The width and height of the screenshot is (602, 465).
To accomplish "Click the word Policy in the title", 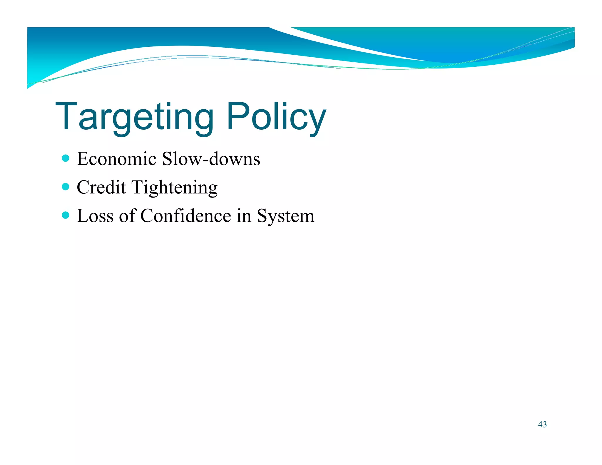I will point(276,117).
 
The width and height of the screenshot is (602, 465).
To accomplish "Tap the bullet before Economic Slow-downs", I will point(66,158).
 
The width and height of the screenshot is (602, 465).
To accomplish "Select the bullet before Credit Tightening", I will point(66,187).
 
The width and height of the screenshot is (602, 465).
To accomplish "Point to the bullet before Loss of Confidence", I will point(66,215).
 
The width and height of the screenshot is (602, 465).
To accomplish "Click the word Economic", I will point(116,159).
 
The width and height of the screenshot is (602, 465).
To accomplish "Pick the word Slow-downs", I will point(211,159).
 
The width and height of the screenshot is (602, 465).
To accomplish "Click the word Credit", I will point(101,187).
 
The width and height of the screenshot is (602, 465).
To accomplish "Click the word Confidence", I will point(185,216).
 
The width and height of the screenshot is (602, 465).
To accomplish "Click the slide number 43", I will point(542,424).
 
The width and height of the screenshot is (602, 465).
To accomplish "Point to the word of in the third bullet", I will point(127,216).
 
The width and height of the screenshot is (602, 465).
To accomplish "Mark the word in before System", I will point(244,216).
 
